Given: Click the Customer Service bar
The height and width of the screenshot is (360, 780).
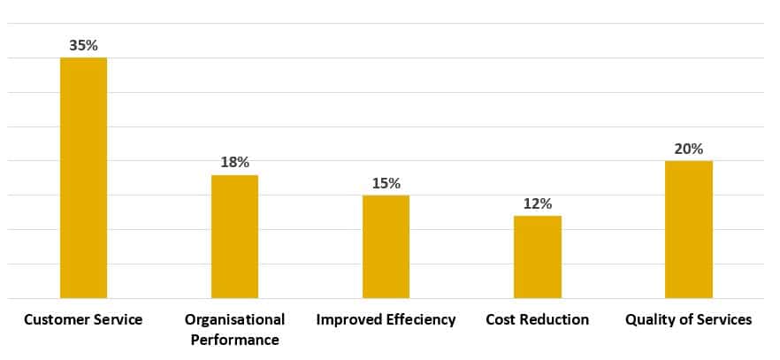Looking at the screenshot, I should [83, 177].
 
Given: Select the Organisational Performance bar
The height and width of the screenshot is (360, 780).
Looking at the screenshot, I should [234, 236].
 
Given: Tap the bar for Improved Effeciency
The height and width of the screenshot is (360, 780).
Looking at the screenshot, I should [386, 246].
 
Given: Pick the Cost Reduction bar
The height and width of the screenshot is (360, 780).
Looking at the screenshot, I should [537, 257].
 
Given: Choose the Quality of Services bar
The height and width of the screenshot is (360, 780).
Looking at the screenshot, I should [688, 229].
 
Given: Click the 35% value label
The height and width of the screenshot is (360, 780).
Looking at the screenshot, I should [83, 45].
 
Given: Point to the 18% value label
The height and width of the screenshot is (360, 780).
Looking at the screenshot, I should [234, 163].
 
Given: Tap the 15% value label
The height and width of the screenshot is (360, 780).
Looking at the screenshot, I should [386, 183].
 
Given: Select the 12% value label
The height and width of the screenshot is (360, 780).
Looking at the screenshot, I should [537, 203].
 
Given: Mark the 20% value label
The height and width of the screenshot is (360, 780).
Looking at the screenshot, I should [688, 149].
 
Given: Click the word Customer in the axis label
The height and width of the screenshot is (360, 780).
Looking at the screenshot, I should [54, 319].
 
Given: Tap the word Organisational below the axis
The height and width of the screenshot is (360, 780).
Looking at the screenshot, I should [234, 319].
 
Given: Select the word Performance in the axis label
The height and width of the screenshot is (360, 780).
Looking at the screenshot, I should [234, 340].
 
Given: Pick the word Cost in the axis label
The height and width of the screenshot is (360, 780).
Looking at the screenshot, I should [501, 319].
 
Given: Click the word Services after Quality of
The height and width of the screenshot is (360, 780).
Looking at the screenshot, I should [723, 319].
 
